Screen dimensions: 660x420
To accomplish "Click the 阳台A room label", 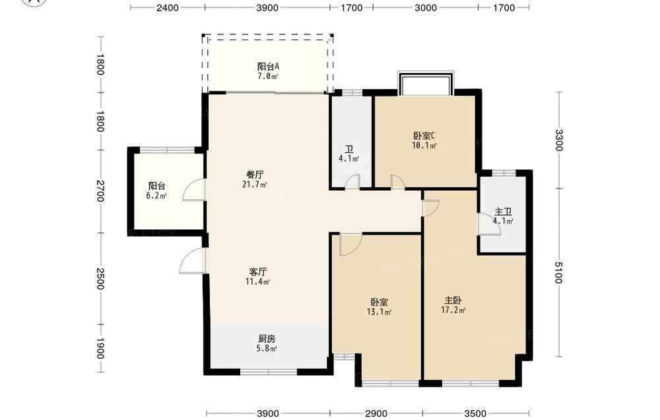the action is click(268, 67).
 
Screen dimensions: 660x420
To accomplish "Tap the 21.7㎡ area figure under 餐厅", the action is click(255, 185).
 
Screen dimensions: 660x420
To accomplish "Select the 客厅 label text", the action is click(257, 272).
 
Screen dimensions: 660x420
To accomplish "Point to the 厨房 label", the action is click(267, 338).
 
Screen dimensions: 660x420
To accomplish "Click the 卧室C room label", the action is click(424, 136).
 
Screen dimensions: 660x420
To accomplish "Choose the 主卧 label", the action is click(453, 301).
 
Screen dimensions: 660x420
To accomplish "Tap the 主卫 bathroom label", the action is click(503, 212).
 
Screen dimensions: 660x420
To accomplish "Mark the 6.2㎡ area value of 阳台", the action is click(156, 196).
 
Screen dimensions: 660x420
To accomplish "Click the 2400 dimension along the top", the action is click(168, 7).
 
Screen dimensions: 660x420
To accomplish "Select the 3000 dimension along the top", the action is click(426, 7).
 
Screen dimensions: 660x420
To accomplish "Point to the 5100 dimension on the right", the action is click(558, 272).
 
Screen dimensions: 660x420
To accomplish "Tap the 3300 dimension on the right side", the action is click(558, 140).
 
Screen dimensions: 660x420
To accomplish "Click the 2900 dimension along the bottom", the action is click(376, 413).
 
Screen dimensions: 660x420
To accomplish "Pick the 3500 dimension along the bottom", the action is click(476, 413).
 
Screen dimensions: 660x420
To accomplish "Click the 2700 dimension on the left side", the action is click(100, 191).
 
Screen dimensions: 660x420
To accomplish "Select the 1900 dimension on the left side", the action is click(100, 349).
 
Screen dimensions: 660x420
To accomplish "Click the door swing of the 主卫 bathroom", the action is click(489, 224).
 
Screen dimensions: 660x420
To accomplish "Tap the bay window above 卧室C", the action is click(426, 83).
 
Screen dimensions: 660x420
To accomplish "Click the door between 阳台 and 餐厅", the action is click(194, 190).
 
